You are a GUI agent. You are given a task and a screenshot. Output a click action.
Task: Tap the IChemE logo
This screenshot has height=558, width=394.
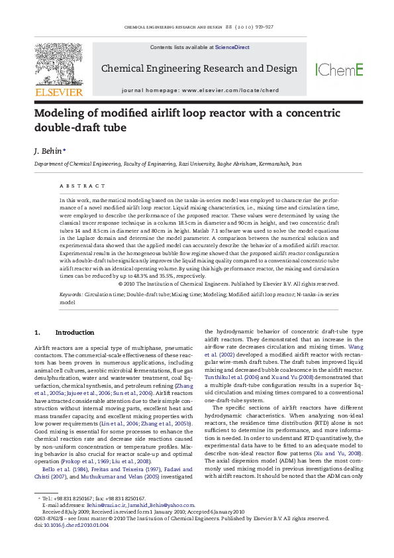tap(339, 69)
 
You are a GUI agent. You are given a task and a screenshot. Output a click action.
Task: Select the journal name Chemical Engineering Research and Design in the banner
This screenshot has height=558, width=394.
tap(199, 69)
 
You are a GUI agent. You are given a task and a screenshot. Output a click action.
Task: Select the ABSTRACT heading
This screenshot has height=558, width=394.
tap(81, 186)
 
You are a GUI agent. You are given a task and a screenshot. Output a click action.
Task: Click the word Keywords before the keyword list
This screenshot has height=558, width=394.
tap(71, 293)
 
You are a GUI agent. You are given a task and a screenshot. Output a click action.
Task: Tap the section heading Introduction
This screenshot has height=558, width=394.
tap(74, 331)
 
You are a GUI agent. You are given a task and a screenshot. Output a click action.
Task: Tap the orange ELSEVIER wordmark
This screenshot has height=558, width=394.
tap(59, 92)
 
